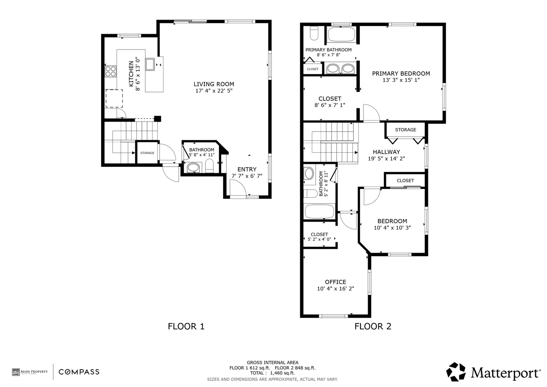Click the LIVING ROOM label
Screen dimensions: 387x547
[214, 84]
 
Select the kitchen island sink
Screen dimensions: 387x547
[150, 64]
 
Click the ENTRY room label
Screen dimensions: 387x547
[247, 169]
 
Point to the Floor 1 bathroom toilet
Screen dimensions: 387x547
[210, 166]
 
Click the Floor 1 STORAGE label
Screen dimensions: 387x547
[147, 153]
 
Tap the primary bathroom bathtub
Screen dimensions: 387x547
[341, 35]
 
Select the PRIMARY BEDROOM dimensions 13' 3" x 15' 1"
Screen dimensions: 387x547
[401, 80]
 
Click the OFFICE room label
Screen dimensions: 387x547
[335, 282]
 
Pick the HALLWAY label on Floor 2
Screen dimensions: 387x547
[386, 152]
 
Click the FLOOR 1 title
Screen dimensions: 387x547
[186, 326]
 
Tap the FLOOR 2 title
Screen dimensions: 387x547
[373, 326]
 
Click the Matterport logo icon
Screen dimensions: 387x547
[456, 372]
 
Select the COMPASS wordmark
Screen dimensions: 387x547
[79, 372]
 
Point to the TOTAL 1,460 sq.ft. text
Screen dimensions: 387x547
[272, 373]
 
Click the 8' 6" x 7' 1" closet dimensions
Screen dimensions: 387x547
[330, 105]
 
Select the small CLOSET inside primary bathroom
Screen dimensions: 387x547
[313, 69]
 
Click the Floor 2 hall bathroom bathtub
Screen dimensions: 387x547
[319, 212]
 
